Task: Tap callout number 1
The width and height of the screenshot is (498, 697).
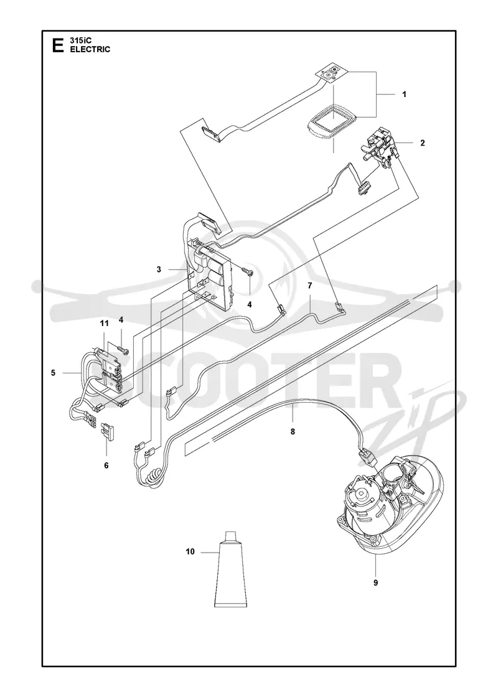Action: coord(404,94)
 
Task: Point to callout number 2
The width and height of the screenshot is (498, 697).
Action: coord(423,143)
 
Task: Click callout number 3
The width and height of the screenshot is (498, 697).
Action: coord(159,269)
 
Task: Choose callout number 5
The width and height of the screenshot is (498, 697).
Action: coord(53,373)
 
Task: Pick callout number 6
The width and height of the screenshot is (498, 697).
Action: coord(106,465)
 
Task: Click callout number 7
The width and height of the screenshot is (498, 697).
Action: coord(309,284)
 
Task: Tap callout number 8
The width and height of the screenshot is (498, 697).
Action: coord(293,431)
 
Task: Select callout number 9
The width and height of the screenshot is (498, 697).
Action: coord(376,582)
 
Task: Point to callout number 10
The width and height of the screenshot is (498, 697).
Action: coord(190,552)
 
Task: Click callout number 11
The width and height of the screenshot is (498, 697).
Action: coord(104,323)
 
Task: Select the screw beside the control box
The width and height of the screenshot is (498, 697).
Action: coord(248,272)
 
